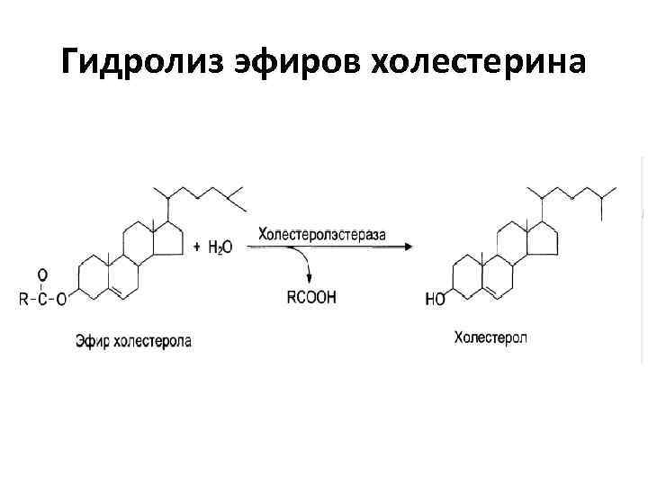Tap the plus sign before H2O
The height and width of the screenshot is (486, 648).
[198, 247]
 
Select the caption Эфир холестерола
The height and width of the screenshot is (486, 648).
[133, 341]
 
